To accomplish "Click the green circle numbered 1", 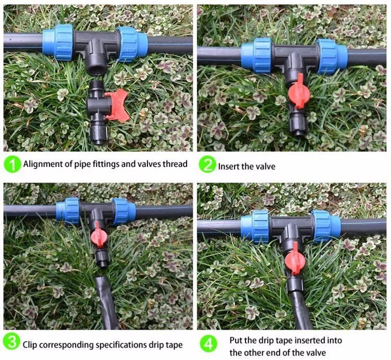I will coord(11,165).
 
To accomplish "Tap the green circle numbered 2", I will coord(207,165).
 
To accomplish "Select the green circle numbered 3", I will coord(11,343).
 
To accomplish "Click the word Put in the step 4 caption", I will coord(236,340).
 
